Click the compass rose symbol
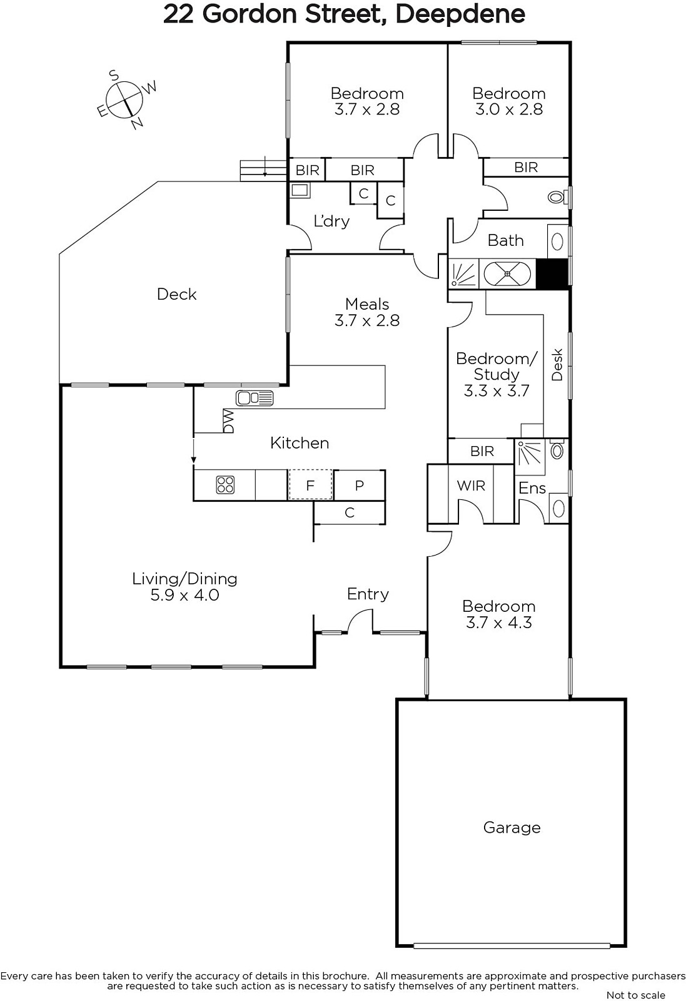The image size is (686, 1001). (124, 100)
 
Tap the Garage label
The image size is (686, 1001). (512, 828)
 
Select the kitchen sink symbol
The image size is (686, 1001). (255, 398)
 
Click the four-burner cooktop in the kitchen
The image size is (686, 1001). (226, 485)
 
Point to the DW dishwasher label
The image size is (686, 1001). (228, 421)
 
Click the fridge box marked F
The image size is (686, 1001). (310, 485)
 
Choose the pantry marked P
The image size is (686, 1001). (359, 485)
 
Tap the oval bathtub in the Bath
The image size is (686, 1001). (507, 273)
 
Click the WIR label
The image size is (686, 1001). (471, 485)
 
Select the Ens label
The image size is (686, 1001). (532, 488)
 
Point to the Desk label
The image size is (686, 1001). (557, 365)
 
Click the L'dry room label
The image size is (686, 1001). (331, 221)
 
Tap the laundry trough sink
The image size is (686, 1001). (300, 191)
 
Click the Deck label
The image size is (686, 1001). (176, 294)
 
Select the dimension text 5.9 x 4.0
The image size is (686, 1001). (184, 595)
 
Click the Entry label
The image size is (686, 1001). (368, 594)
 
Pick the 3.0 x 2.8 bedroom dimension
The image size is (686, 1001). (508, 109)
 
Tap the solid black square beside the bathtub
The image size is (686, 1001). (552, 273)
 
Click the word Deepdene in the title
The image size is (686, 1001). (460, 14)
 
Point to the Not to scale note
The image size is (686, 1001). (636, 995)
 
